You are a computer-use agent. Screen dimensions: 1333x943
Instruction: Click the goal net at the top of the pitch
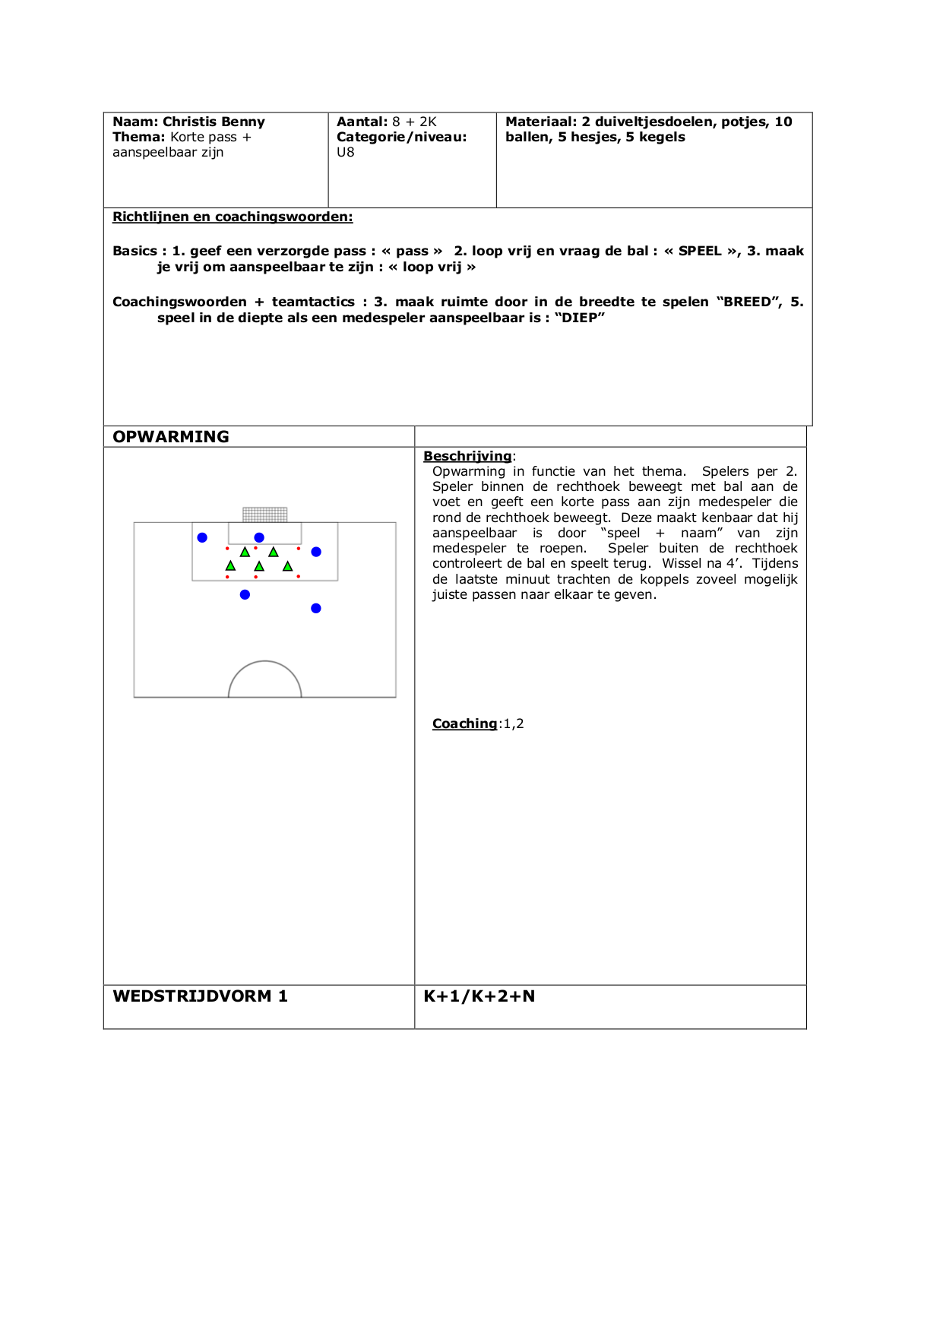coord(264,515)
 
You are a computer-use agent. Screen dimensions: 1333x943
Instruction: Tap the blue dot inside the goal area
coord(259,537)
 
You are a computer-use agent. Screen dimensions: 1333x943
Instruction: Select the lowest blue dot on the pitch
coord(316,608)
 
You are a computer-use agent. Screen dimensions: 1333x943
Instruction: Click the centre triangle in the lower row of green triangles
coord(259,566)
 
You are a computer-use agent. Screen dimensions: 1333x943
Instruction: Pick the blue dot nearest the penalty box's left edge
coord(202,537)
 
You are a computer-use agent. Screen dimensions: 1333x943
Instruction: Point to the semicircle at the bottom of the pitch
coord(265,678)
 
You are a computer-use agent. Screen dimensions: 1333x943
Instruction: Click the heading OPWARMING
coord(171,437)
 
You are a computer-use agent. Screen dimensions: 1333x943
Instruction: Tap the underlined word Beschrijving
coord(467,456)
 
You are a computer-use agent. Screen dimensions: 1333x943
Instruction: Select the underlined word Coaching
coord(464,723)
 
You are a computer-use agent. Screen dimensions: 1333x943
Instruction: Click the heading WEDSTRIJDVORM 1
coord(200,996)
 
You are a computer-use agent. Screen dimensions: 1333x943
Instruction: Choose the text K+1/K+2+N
coord(479,996)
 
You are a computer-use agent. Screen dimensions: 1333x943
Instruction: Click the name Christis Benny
coord(214,122)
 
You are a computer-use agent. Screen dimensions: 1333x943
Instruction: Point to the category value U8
coord(346,152)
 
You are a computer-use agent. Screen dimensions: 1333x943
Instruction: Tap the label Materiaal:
coord(540,122)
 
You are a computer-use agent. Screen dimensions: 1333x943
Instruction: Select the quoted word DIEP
coord(580,318)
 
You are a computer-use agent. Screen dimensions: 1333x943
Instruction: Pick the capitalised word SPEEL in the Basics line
coord(700,251)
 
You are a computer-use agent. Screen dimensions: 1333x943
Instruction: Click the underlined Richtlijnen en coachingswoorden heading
coord(233,217)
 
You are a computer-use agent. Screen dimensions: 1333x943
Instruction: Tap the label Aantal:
coord(362,122)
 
